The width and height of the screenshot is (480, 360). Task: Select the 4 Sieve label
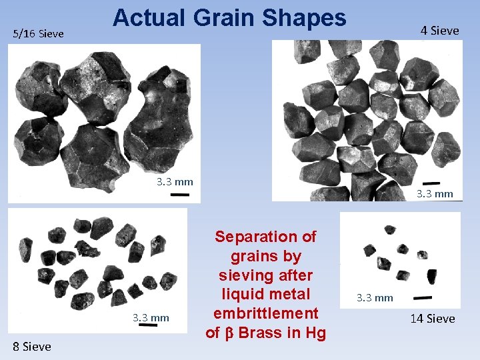point(439,30)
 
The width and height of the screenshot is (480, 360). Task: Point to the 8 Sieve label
point(31,346)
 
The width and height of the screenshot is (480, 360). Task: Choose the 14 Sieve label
point(432,319)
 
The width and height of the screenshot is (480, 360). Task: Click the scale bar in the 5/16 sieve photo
point(180,195)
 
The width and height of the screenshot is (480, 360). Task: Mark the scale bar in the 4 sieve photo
point(431,183)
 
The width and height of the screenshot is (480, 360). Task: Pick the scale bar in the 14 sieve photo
point(423,298)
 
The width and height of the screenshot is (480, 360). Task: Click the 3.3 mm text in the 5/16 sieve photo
point(175,181)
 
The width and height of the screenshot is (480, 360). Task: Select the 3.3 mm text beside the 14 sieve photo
point(375,297)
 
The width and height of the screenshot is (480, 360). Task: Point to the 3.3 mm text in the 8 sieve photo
point(151,317)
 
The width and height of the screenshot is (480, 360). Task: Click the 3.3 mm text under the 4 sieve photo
point(435,194)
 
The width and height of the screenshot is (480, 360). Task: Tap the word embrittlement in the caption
point(266,313)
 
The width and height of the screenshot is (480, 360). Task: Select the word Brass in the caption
point(261,333)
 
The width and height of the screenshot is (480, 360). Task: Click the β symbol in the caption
point(230,333)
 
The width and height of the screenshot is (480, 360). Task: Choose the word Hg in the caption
point(313,333)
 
